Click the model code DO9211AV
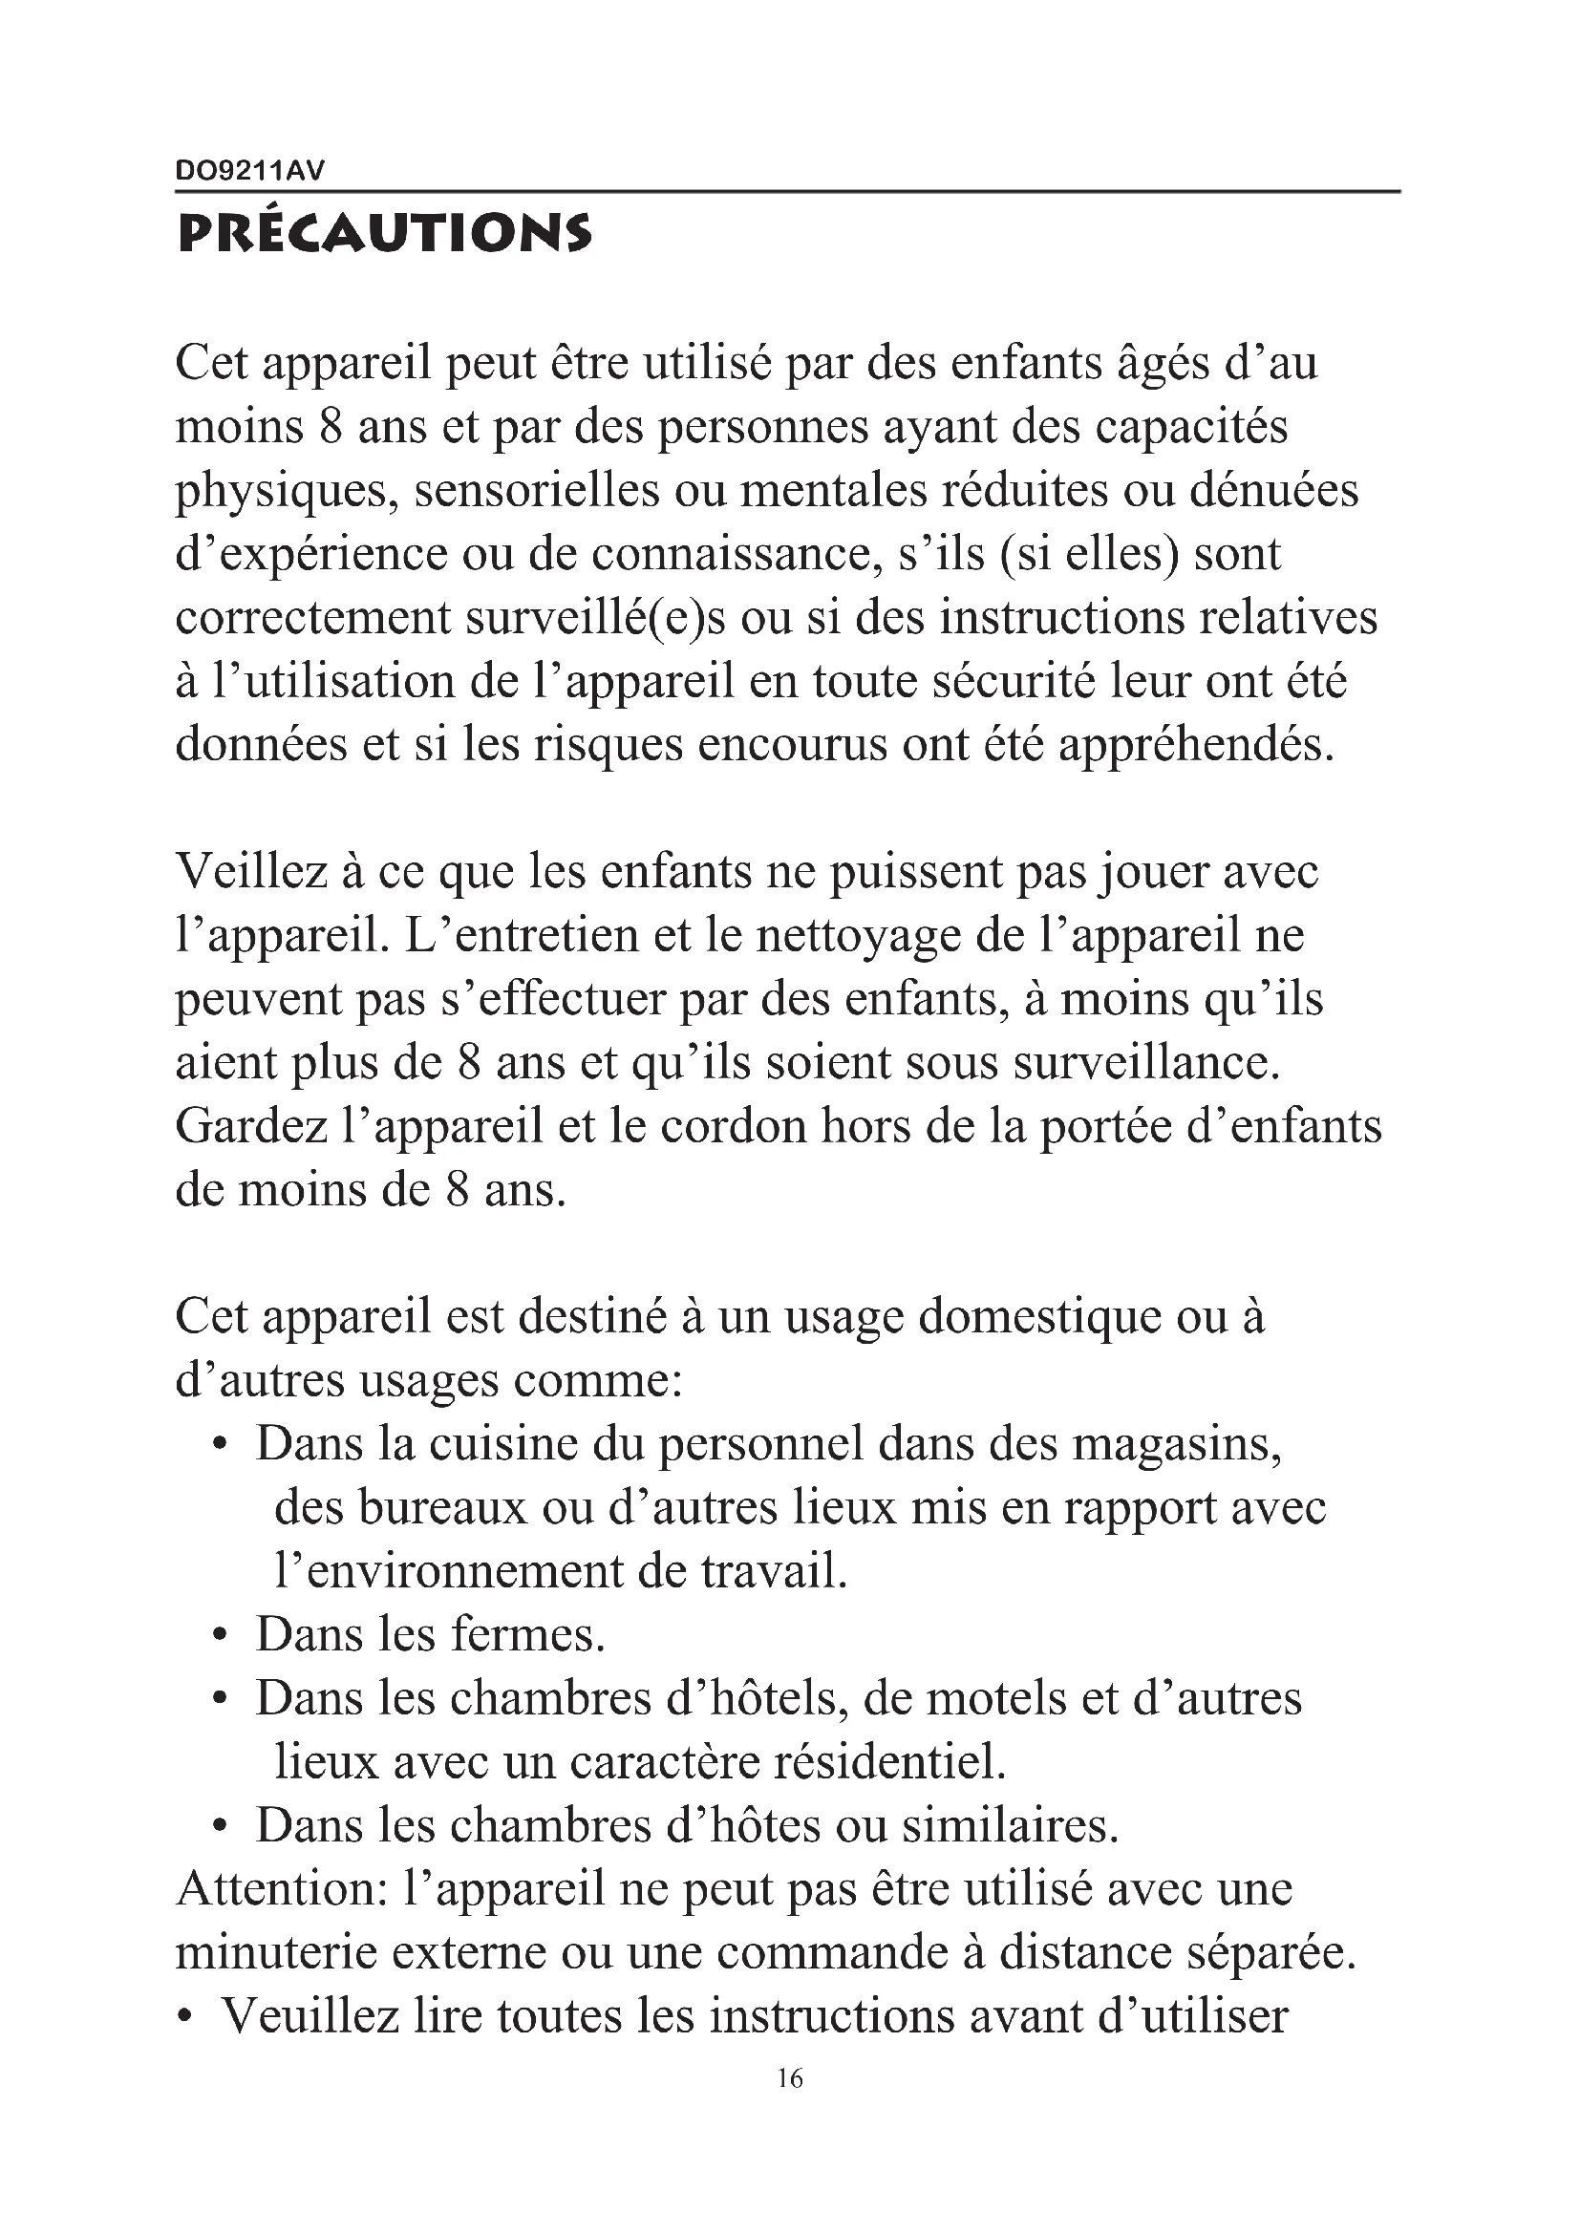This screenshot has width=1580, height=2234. (249, 171)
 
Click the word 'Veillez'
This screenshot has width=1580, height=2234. (251, 872)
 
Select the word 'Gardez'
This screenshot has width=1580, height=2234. (251, 1127)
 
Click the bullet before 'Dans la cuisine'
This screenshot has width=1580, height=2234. (221, 1447)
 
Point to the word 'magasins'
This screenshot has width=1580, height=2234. (1176, 1445)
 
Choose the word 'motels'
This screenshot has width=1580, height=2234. (995, 1699)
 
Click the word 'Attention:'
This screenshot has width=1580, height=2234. (278, 1890)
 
